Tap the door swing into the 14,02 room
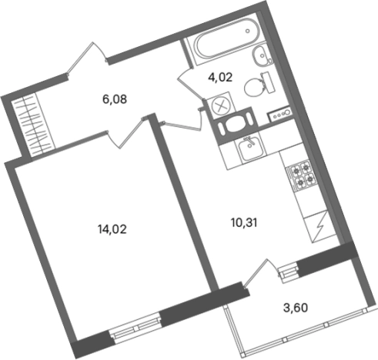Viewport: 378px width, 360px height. click(x=123, y=131)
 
